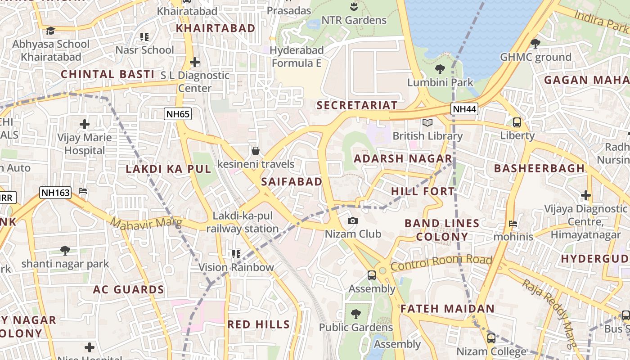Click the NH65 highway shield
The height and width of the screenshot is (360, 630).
[x=178, y=114]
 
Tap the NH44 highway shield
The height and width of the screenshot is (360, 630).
[x=464, y=109]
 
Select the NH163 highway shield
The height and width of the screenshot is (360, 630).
[x=55, y=193]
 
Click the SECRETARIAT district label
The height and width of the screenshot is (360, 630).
[x=357, y=105]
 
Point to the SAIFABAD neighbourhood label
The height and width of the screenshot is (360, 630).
[x=292, y=182]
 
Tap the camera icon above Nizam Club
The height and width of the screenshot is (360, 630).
[x=353, y=220]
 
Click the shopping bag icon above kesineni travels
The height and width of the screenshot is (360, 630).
[x=255, y=150]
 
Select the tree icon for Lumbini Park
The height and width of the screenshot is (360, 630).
[x=440, y=69]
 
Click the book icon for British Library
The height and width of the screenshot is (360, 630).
[x=427, y=122]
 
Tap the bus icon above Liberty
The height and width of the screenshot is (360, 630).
[x=517, y=122]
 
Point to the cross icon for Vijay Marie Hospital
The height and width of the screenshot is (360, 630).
[x=84, y=124]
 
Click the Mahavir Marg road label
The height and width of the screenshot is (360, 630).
[x=146, y=222]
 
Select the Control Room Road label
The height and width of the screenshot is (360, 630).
[x=441, y=263]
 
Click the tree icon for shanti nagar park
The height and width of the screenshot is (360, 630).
[x=65, y=250]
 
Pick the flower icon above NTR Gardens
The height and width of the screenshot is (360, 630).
[x=354, y=7]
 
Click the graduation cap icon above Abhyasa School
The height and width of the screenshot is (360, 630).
[x=50, y=31]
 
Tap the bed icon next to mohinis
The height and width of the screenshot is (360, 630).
[x=513, y=224]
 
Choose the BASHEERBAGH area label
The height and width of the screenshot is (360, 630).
[x=539, y=168]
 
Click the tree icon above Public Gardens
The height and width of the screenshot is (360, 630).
[x=355, y=314]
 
